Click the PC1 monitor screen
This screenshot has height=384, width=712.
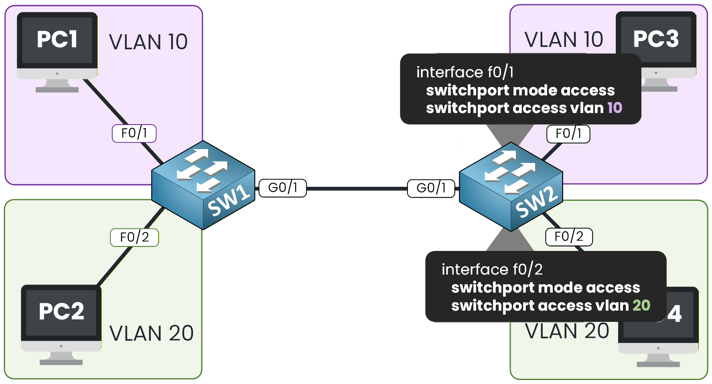pos(57,40)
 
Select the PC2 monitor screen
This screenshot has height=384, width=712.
pos(61,312)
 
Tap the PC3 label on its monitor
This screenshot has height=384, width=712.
pos(655,39)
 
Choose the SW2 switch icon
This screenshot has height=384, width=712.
pos(511,187)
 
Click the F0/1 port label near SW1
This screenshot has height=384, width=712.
pos(134,133)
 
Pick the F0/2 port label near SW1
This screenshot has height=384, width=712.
pos(134,237)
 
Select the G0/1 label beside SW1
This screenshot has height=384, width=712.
pos(283,188)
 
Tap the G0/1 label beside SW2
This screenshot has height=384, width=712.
pos(431,188)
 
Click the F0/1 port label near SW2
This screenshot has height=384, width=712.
pos(568,134)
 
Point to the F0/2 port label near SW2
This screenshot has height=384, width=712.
pos(569,237)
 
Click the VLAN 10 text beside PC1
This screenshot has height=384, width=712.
pos(148,42)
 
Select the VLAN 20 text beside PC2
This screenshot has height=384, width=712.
pos(151,333)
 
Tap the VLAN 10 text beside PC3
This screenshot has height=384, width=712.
pos(564,40)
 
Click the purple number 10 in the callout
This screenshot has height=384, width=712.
pos(614,108)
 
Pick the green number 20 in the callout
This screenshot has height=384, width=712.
pos(641,305)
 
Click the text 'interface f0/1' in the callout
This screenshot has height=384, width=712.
pos(465,72)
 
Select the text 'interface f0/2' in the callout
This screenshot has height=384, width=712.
pos(492,269)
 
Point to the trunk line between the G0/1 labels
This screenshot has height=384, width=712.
pos(357,188)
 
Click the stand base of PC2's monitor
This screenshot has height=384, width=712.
pos(61,362)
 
